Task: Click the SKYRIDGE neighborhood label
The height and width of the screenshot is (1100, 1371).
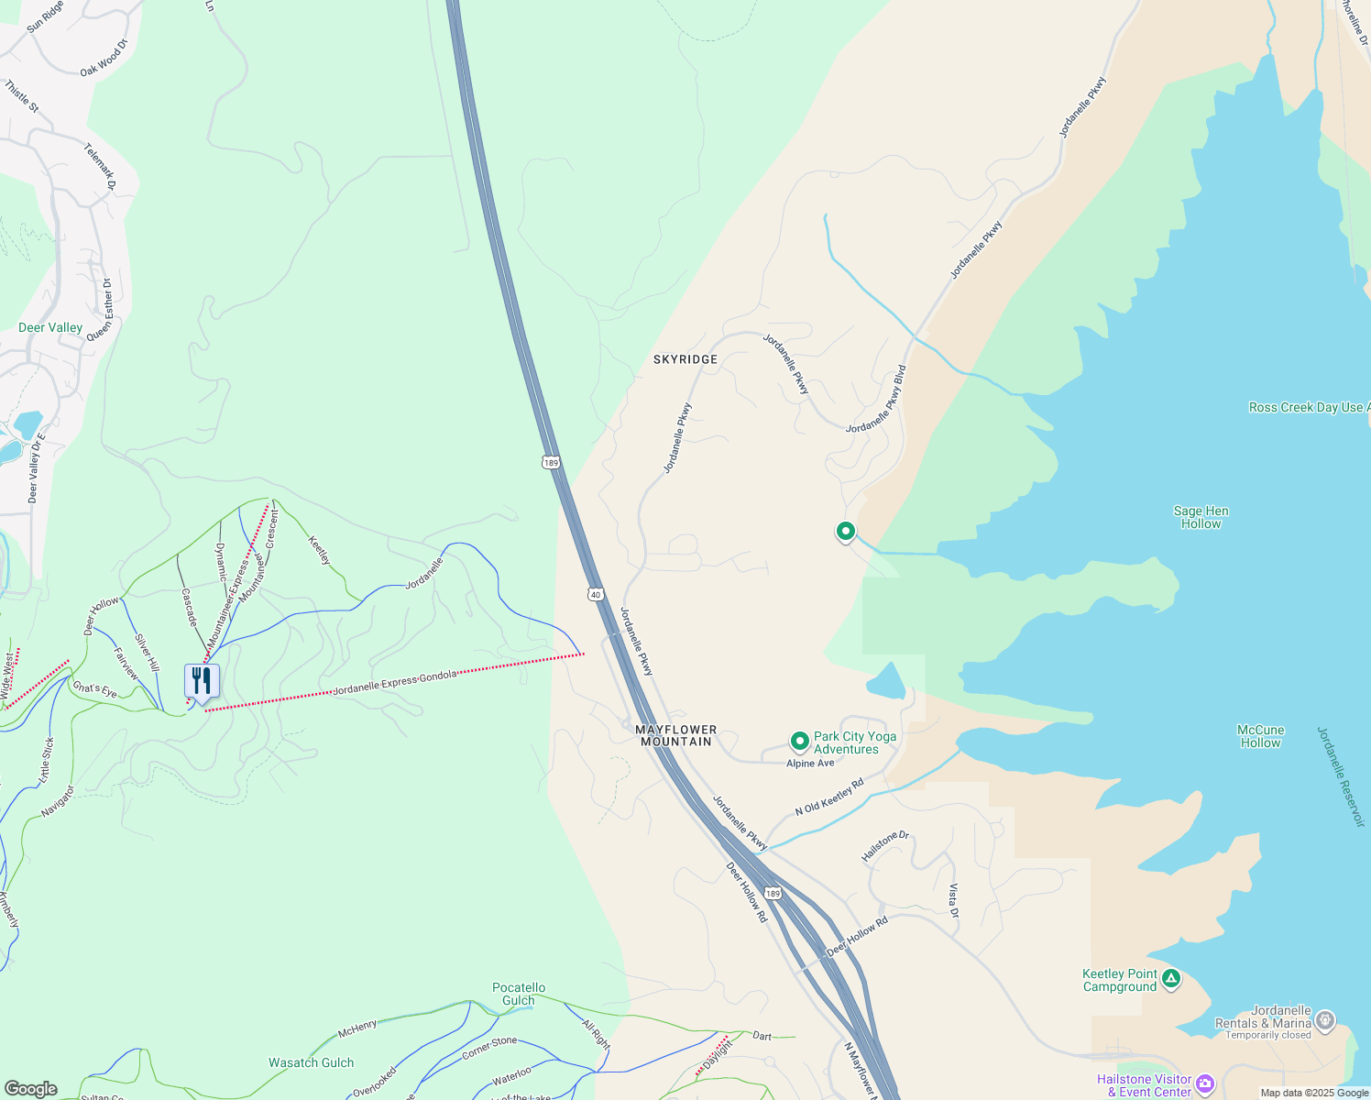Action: click(x=685, y=359)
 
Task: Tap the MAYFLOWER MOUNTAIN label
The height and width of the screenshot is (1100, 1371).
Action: click(x=676, y=735)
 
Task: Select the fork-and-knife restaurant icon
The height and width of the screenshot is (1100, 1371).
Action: click(x=202, y=681)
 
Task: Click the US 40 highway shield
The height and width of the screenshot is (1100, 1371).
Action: click(x=596, y=595)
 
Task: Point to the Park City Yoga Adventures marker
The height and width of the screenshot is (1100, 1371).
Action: click(x=799, y=741)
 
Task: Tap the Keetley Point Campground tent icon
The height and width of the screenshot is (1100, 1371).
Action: click(x=1170, y=979)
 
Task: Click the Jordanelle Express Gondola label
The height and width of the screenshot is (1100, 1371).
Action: click(x=395, y=683)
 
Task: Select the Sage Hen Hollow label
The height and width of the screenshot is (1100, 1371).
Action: click(x=1201, y=517)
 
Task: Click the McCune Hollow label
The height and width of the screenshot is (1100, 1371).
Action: click(x=1260, y=736)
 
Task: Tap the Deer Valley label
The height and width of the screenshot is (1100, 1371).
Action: click(x=50, y=327)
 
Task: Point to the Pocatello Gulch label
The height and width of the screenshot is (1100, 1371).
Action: click(x=519, y=994)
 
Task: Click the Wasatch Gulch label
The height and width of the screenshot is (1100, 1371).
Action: click(x=311, y=1062)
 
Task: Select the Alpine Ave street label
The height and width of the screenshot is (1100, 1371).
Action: click(x=810, y=763)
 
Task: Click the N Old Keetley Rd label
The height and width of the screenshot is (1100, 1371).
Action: click(x=829, y=797)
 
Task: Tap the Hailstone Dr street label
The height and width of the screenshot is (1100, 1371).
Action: click(x=884, y=846)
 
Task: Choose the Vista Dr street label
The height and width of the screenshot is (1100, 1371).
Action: click(x=953, y=901)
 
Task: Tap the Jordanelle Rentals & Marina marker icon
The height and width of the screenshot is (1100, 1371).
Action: click(x=1325, y=1019)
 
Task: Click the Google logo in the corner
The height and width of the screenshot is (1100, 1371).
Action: click(x=30, y=1089)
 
